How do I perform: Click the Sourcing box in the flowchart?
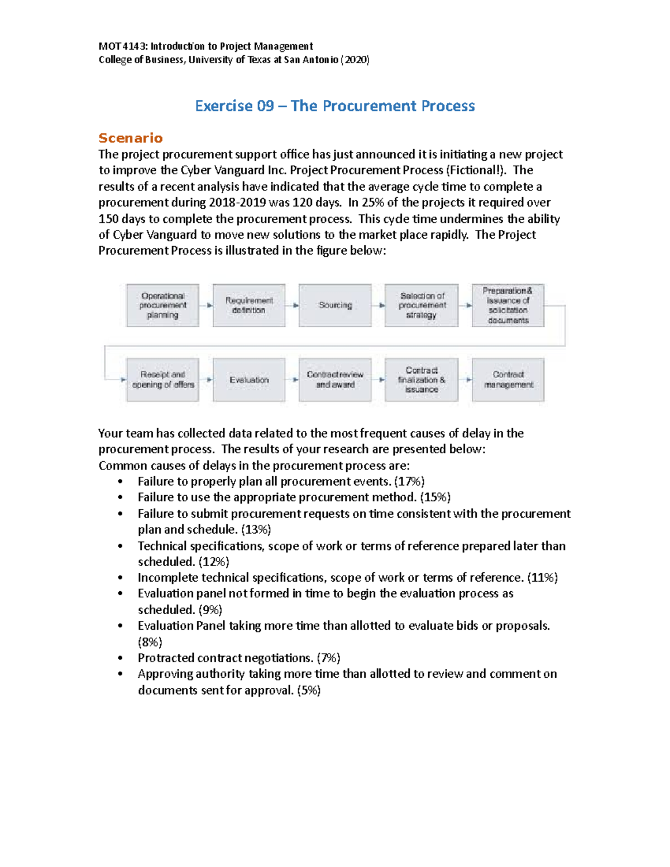click(335, 305)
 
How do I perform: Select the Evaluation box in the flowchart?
click(249, 380)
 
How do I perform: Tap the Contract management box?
click(508, 380)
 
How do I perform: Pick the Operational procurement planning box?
click(162, 305)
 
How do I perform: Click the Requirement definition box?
click(249, 305)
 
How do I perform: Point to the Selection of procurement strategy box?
click(422, 305)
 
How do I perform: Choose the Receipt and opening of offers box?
click(162, 380)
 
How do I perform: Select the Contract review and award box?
click(335, 380)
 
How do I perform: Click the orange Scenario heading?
click(131, 138)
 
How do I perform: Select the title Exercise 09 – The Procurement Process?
click(335, 106)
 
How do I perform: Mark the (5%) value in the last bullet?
click(309, 690)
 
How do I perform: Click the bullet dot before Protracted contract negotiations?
click(120, 658)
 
